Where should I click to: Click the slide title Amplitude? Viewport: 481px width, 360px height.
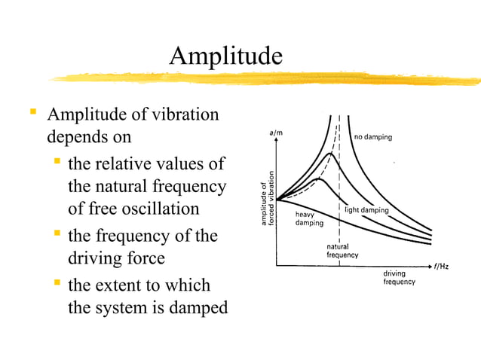pos(225,55)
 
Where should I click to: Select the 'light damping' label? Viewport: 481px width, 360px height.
pos(366,210)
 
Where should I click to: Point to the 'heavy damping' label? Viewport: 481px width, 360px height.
pos(309,218)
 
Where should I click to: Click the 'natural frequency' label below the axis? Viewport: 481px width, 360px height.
pos(342,252)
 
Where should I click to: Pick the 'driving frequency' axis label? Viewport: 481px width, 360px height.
pos(399,277)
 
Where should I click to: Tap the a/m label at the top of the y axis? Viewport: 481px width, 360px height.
pos(276,133)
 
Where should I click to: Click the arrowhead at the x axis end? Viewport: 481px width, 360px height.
pos(431,266)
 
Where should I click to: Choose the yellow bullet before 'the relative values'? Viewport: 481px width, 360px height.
pos(57,162)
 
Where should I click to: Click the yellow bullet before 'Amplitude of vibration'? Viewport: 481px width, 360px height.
pos(33,114)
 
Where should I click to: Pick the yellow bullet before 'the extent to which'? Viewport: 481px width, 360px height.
pos(57,284)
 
